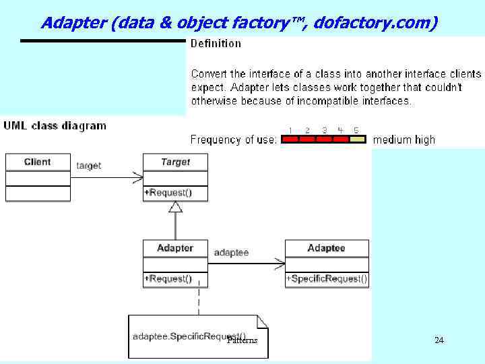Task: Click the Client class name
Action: pos(37,162)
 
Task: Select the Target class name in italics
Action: pos(175,162)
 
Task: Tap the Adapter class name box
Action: pos(175,248)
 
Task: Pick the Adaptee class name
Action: pos(326,248)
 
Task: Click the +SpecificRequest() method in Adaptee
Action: pos(327,278)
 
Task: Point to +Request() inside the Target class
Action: pos(168,193)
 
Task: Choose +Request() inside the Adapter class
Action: pos(168,278)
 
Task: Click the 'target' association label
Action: pos(89,165)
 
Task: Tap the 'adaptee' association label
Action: pos(231,253)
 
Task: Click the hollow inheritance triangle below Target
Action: pos(175,206)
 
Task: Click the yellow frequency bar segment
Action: pos(358,140)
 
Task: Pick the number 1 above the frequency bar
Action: pos(290,130)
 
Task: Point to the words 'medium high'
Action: pos(403,140)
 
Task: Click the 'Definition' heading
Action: pos(216,44)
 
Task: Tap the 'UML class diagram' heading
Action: pos(55,125)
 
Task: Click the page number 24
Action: pos(439,340)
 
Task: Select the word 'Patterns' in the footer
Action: pos(243,340)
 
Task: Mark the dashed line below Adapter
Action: pos(199,301)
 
